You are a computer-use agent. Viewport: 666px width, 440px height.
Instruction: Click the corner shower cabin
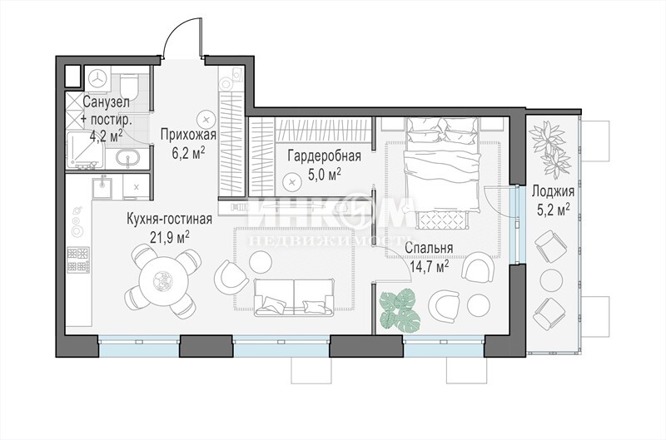[87, 151]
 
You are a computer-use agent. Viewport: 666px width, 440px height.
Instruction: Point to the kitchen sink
[102, 188]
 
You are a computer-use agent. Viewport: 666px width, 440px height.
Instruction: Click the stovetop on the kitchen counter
[78, 260]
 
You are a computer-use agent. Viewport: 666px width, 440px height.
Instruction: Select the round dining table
[163, 280]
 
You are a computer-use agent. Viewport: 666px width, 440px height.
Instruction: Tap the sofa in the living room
[294, 297]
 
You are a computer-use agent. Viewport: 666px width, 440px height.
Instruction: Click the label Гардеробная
[324, 156]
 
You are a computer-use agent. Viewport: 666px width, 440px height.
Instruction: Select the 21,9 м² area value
[170, 236]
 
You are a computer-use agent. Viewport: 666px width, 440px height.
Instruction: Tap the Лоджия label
[553, 192]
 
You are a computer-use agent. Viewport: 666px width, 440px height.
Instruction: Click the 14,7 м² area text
[430, 265]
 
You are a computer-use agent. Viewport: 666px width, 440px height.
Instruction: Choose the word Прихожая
[189, 135]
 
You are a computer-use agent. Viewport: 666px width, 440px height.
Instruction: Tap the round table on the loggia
[553, 280]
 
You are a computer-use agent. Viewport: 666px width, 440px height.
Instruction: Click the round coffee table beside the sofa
[260, 261]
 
